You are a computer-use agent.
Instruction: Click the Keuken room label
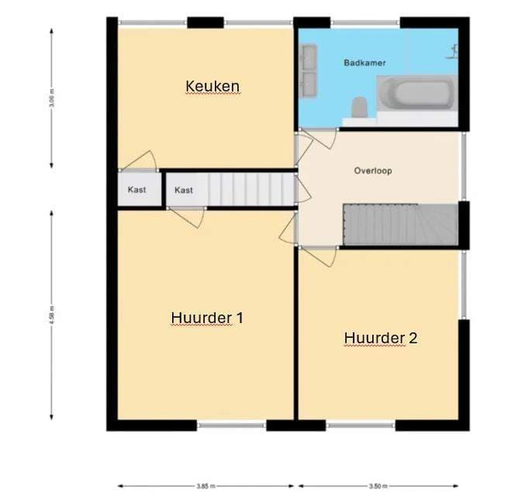(212, 85)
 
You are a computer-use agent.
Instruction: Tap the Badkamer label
(364, 62)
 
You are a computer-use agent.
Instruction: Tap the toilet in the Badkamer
(359, 107)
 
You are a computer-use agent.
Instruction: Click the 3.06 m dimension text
(51, 99)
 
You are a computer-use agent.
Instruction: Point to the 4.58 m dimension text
(51, 315)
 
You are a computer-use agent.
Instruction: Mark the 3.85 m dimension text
(206, 486)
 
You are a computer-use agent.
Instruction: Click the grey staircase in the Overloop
(399, 225)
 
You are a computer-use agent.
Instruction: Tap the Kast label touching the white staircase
(184, 190)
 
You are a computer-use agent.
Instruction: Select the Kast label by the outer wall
(137, 190)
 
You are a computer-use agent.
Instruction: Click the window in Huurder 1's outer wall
(232, 425)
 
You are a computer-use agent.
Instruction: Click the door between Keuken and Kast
(140, 163)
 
